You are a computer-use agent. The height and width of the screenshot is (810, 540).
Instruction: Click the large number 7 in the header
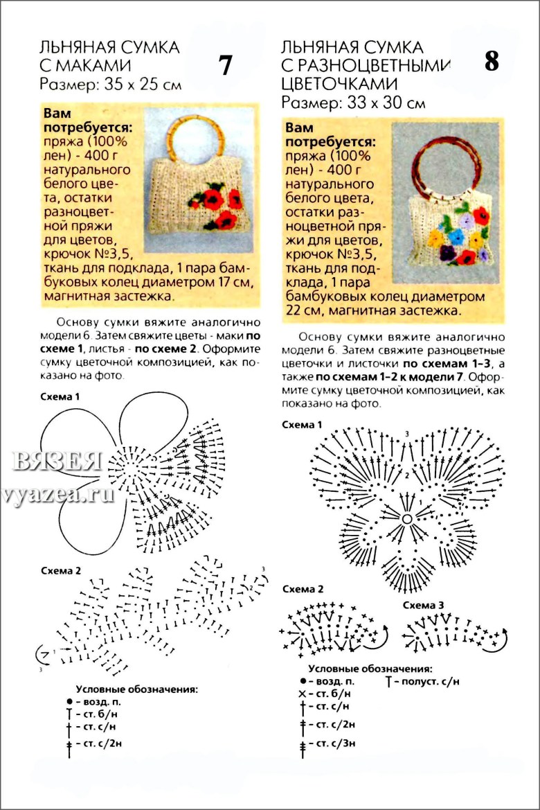click(x=225, y=65)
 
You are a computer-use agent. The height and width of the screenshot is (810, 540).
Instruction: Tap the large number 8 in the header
click(x=492, y=62)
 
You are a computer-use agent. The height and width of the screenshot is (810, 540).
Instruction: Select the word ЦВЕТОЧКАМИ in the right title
click(x=339, y=84)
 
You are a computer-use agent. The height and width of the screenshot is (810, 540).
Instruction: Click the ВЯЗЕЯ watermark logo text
click(x=57, y=461)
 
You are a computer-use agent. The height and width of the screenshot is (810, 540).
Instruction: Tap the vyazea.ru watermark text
click(x=59, y=495)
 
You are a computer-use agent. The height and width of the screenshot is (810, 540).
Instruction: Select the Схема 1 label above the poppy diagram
click(x=60, y=397)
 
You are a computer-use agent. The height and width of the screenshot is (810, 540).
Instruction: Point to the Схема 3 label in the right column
click(x=424, y=605)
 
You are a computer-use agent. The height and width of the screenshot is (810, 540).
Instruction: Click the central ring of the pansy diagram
click(x=407, y=518)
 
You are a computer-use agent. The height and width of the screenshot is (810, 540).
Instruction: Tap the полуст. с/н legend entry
click(x=423, y=681)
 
